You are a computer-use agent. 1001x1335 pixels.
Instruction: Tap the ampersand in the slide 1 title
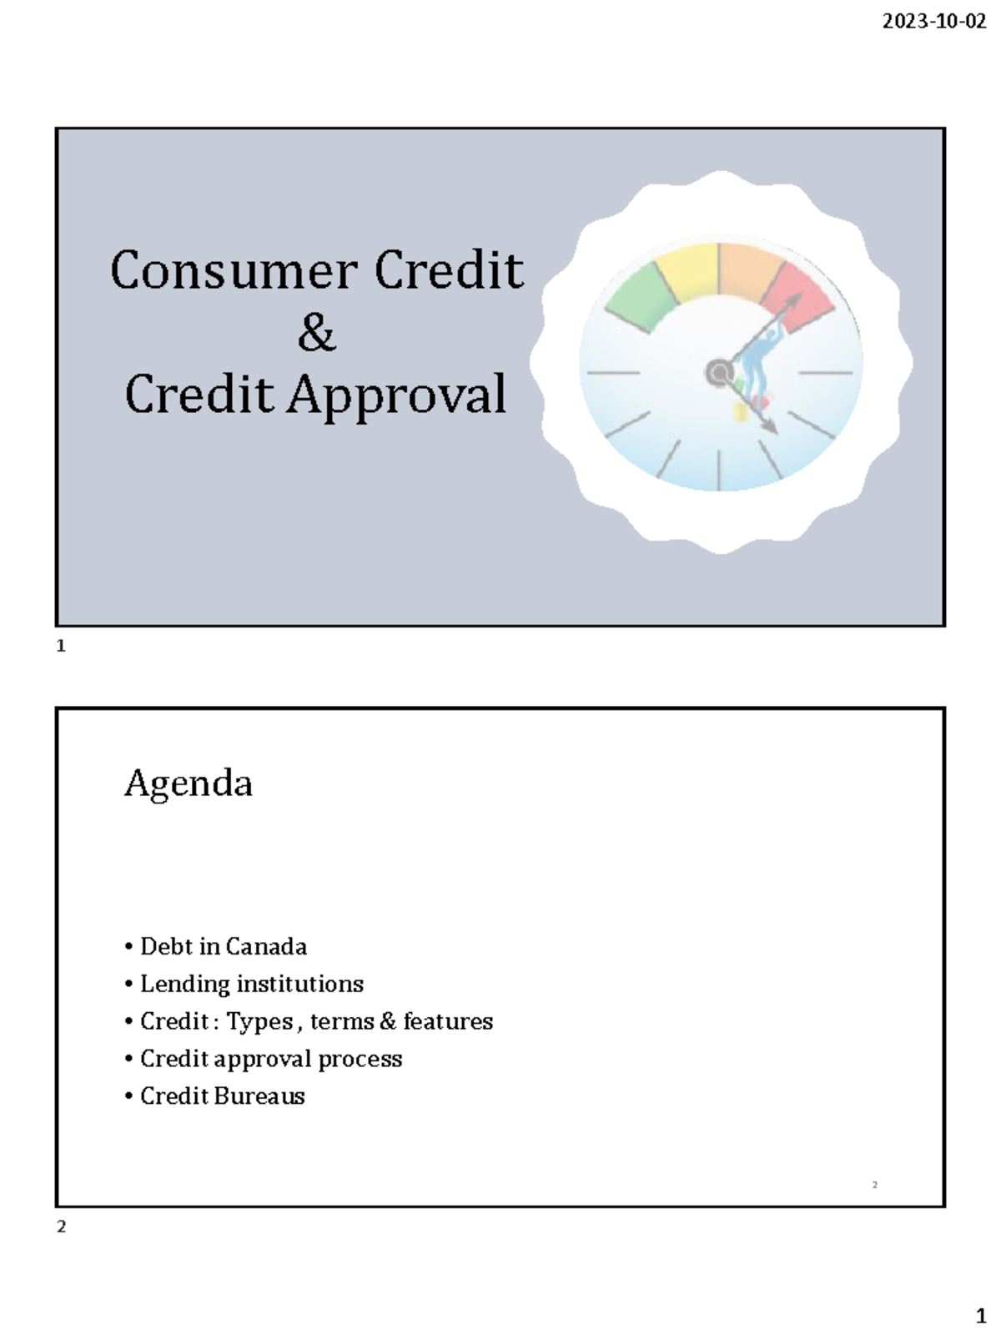click(316, 333)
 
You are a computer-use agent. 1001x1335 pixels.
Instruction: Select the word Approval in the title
click(397, 395)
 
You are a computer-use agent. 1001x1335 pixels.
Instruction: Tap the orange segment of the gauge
click(749, 271)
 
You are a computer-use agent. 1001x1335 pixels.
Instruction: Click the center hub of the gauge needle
click(718, 373)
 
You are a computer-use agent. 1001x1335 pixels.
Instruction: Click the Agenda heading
click(189, 783)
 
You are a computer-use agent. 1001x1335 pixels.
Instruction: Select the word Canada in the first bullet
click(266, 947)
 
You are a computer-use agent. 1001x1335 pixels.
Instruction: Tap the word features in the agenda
click(448, 1021)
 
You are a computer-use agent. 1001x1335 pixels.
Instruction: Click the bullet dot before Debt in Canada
click(128, 947)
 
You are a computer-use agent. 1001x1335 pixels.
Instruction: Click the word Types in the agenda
click(259, 1022)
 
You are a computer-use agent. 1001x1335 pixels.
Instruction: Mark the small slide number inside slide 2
click(874, 1185)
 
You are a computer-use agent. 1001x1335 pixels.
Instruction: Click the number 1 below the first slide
click(61, 646)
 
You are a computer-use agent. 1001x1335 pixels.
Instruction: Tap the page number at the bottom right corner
click(981, 1317)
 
